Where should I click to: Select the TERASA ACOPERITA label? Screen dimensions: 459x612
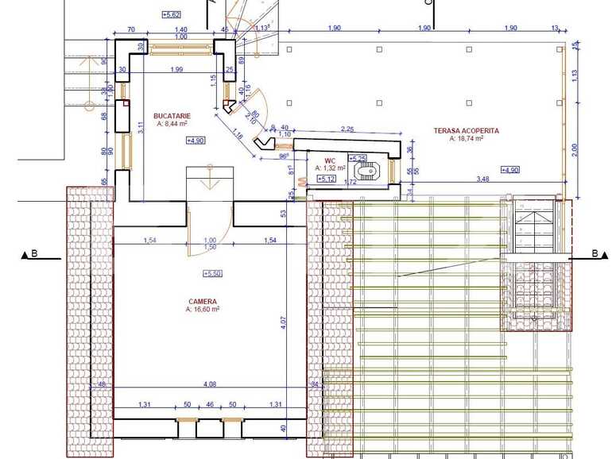click(x=467, y=130)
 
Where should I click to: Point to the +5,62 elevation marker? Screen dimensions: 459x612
click(x=171, y=14)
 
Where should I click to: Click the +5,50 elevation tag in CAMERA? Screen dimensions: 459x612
click(x=212, y=273)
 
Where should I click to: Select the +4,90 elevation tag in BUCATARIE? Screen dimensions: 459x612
click(x=196, y=141)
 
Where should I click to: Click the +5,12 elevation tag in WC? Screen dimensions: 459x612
click(x=326, y=179)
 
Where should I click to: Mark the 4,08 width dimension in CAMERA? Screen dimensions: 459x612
click(x=210, y=384)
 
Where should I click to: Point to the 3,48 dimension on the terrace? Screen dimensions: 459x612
click(x=482, y=179)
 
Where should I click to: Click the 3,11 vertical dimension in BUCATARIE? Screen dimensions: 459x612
click(x=140, y=125)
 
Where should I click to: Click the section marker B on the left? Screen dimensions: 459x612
click(x=34, y=255)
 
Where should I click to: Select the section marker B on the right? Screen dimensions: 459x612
click(x=594, y=254)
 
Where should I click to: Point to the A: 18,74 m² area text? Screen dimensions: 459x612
click(x=467, y=138)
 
